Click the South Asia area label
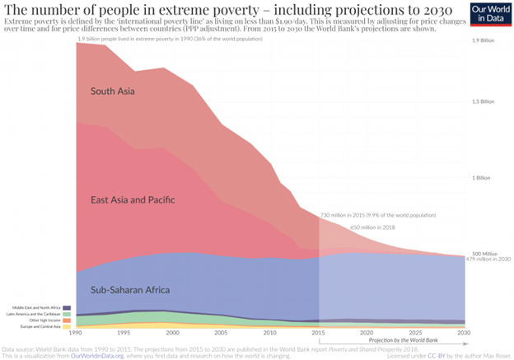[x=113, y=91]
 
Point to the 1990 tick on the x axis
[x=77, y=332]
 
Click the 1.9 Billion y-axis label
[x=484, y=40]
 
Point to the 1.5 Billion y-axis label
[x=484, y=101]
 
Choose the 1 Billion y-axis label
[x=483, y=178]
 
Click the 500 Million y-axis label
[x=484, y=254]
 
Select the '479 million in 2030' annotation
[x=488, y=259]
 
